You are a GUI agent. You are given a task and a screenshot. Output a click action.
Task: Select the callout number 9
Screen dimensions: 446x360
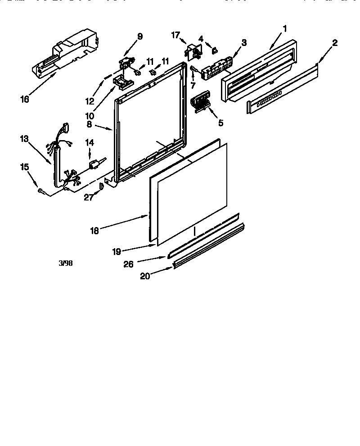pos(140,36)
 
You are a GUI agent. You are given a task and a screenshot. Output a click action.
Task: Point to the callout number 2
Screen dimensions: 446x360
pos(335,43)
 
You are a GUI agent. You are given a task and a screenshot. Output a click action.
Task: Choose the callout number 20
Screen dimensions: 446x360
pos(145,276)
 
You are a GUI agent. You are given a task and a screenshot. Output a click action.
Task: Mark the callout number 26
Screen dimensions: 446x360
pos(129,264)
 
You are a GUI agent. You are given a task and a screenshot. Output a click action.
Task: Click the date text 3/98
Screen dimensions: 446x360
pos(66,263)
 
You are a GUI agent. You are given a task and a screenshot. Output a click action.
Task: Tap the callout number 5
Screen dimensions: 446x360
pos(220,122)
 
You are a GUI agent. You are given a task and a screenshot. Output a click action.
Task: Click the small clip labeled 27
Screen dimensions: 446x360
pos(102,185)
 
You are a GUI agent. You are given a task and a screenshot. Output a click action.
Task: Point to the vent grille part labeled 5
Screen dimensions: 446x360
pos(201,101)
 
